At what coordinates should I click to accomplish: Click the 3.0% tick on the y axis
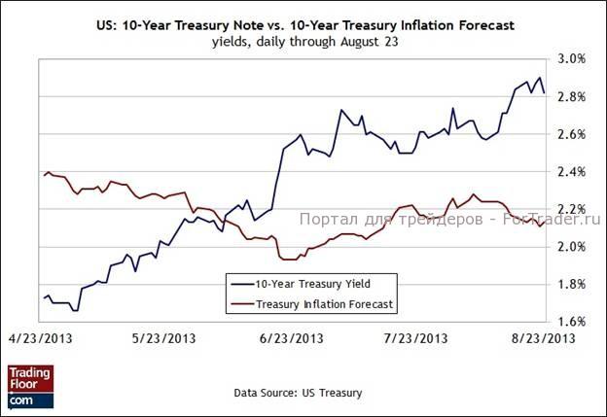coord(571,58)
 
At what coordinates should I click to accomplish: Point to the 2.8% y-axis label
coord(571,96)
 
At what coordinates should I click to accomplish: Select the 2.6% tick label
coord(571,134)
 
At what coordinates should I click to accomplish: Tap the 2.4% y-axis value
coord(571,172)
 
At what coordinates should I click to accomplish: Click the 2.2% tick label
coord(571,209)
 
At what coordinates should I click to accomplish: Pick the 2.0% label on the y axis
coord(571,247)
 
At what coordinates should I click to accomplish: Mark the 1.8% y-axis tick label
coord(571,285)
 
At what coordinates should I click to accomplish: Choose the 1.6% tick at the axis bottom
coord(571,322)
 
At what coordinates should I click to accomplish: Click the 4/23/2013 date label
coord(39,338)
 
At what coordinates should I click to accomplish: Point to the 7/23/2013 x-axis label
coord(417,338)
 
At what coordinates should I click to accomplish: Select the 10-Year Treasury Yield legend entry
coord(304,285)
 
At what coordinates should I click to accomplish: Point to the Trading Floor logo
coord(30,386)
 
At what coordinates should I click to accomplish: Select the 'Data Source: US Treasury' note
coord(298,393)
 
